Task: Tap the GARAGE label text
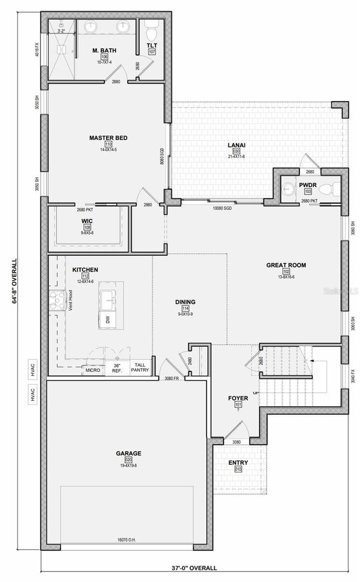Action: (x=129, y=453)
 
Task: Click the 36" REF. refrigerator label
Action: (x=117, y=368)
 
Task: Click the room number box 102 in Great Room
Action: (x=285, y=271)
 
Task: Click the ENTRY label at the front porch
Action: (x=238, y=462)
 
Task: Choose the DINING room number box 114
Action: (x=185, y=309)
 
